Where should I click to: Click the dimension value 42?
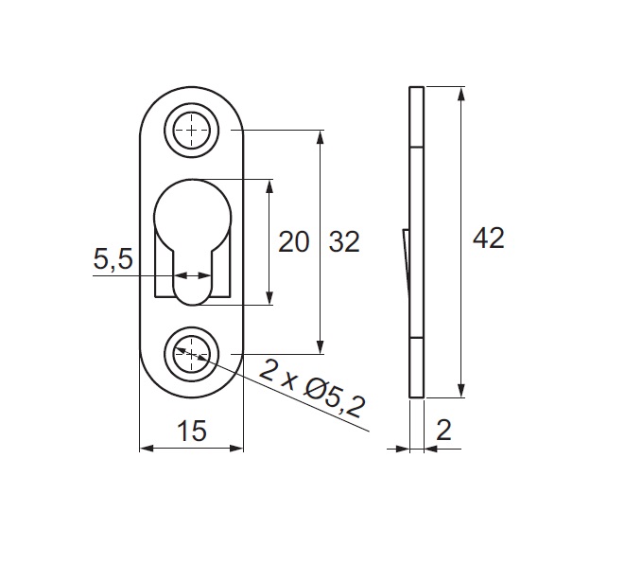pyautogui.click(x=489, y=238)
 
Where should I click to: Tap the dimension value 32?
pyautogui.click(x=344, y=241)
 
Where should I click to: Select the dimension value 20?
pyautogui.click(x=293, y=241)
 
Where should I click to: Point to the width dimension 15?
pyautogui.click(x=192, y=431)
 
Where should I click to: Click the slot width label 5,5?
pyautogui.click(x=113, y=258)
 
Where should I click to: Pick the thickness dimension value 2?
pyautogui.click(x=443, y=430)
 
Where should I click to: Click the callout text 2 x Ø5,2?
pyautogui.click(x=312, y=388)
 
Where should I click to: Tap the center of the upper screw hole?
pyautogui.click(x=192, y=131)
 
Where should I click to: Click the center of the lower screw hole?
pyautogui.click(x=192, y=354)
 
